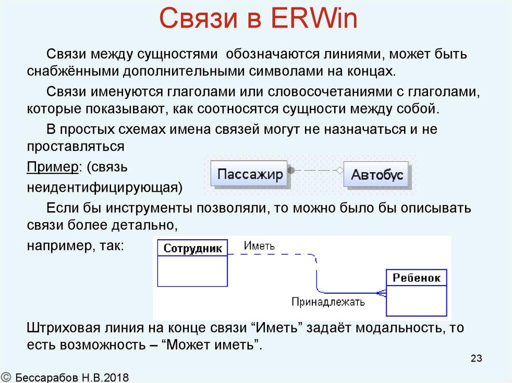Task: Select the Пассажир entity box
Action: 249,174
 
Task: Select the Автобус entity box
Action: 376,175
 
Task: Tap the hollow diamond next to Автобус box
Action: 339,171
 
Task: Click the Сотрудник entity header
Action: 192,249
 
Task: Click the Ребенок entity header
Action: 416,278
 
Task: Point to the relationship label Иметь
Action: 259,246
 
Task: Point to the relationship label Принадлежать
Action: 328,302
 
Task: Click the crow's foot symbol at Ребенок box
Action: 381,293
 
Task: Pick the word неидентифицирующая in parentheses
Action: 102,187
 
